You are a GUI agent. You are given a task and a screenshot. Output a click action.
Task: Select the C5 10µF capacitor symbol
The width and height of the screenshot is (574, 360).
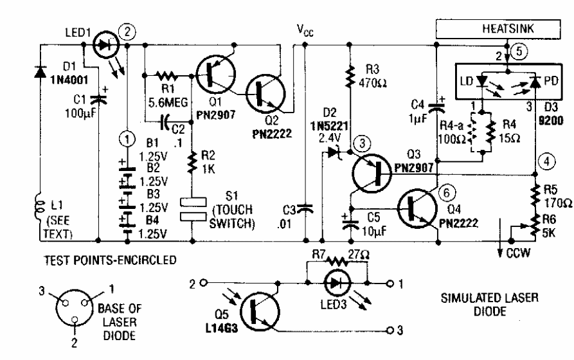pyautogui.click(x=350, y=221)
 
